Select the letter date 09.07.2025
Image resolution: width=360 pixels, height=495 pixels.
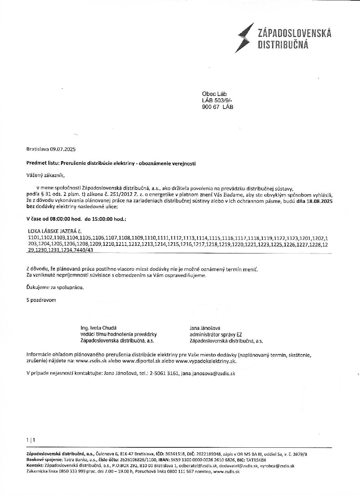point(63,149)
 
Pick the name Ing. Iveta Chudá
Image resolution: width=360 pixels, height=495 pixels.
point(99,328)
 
